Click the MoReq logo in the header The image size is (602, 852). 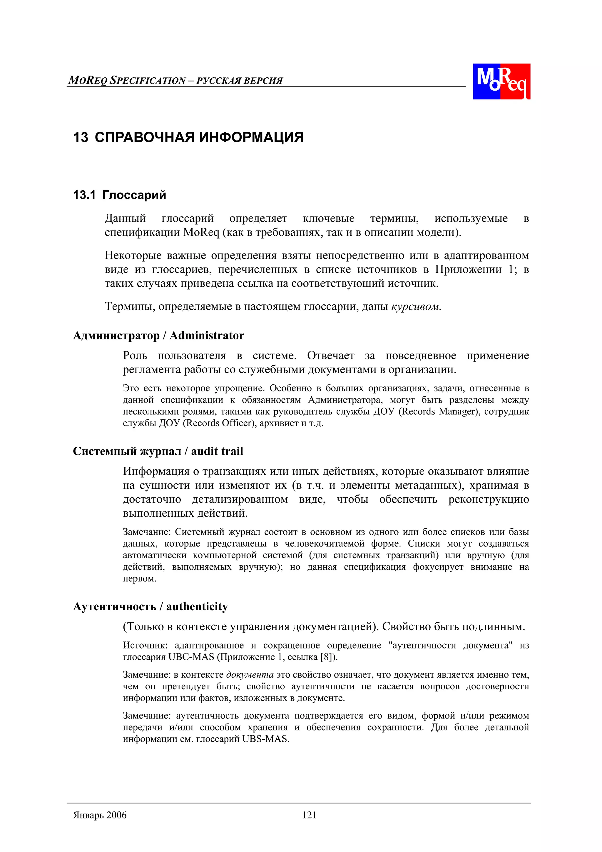[x=501, y=81]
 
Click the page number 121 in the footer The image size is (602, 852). [x=309, y=815]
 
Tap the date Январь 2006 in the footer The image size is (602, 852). [x=100, y=815]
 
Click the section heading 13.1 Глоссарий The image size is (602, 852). [x=119, y=195]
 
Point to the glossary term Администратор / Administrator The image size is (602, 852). [x=158, y=336]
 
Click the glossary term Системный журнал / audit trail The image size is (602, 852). [x=158, y=451]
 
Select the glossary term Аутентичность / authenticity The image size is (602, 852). [x=150, y=606]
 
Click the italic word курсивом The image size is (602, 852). [x=416, y=306]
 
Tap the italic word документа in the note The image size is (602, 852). [x=250, y=675]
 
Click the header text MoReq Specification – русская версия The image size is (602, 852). [x=175, y=81]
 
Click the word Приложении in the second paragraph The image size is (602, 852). [x=468, y=269]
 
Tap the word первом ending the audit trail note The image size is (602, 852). [x=139, y=578]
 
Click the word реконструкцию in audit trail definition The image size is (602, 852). [x=489, y=499]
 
